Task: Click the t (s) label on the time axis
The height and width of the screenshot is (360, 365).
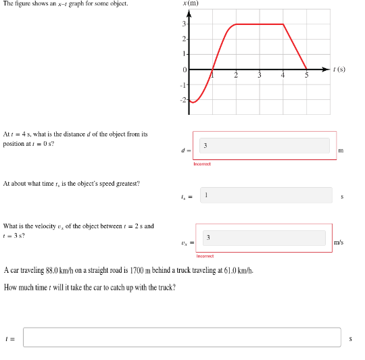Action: click(x=339, y=69)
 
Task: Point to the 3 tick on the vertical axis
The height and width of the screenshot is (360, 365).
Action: click(x=184, y=24)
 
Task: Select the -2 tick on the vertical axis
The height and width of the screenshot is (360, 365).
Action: click(x=182, y=100)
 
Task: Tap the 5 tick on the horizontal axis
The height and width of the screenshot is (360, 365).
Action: click(x=306, y=76)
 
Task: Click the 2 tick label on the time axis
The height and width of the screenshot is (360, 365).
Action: click(x=236, y=76)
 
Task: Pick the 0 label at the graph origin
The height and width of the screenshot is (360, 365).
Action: click(x=184, y=70)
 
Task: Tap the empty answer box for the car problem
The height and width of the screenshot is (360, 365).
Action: click(x=182, y=337)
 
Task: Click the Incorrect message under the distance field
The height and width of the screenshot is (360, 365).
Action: click(x=201, y=163)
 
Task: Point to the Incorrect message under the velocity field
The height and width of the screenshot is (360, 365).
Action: click(x=205, y=256)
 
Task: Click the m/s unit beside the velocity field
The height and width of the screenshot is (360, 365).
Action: click(x=339, y=241)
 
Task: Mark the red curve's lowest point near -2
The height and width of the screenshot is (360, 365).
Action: click(x=193, y=102)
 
